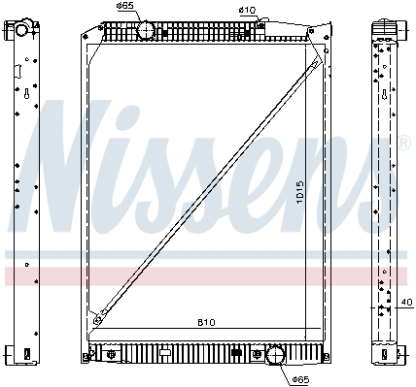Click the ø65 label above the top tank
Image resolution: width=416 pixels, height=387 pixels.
click(124, 6)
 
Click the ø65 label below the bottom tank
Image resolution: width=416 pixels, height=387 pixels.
click(300, 379)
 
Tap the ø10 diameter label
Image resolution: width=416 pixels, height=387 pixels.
click(247, 10)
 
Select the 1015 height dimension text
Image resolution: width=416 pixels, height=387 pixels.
click(300, 192)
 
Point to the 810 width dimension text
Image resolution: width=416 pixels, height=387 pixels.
click(206, 322)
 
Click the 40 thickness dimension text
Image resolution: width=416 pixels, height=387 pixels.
click(407, 303)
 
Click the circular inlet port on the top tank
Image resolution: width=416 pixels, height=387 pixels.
click(146, 30)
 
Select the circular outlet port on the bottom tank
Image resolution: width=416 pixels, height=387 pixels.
click(275, 354)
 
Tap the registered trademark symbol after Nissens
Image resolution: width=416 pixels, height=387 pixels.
click(404, 144)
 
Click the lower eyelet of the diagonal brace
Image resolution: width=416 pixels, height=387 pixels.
click(96, 320)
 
